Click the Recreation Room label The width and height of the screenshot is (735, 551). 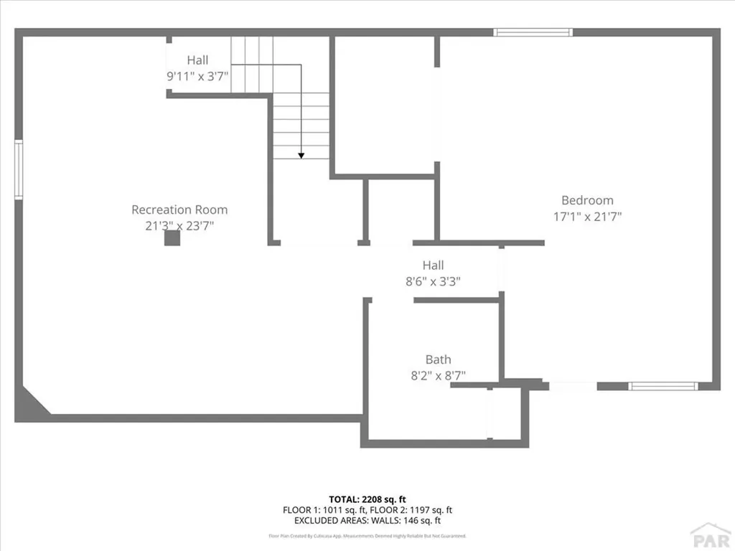point(179,209)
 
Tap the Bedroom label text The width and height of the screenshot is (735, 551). point(587,200)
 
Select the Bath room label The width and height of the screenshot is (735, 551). point(438,359)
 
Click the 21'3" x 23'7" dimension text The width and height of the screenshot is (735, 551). point(179,225)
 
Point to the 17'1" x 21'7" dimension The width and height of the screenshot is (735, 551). point(587,216)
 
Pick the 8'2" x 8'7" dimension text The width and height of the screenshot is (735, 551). point(438,375)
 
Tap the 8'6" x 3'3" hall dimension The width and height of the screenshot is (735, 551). point(433,281)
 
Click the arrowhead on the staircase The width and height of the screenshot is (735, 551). point(301,154)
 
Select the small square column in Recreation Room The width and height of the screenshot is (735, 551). point(172,238)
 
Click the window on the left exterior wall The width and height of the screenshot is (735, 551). point(19,169)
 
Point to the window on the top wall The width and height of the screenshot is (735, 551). point(533,32)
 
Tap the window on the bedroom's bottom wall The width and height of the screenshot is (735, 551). point(663,386)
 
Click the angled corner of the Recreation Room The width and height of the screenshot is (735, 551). point(34,400)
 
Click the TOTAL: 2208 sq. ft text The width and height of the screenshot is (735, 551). point(367,499)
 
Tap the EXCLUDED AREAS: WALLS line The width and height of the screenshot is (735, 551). point(367,521)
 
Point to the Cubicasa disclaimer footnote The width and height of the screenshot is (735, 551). point(367,536)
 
